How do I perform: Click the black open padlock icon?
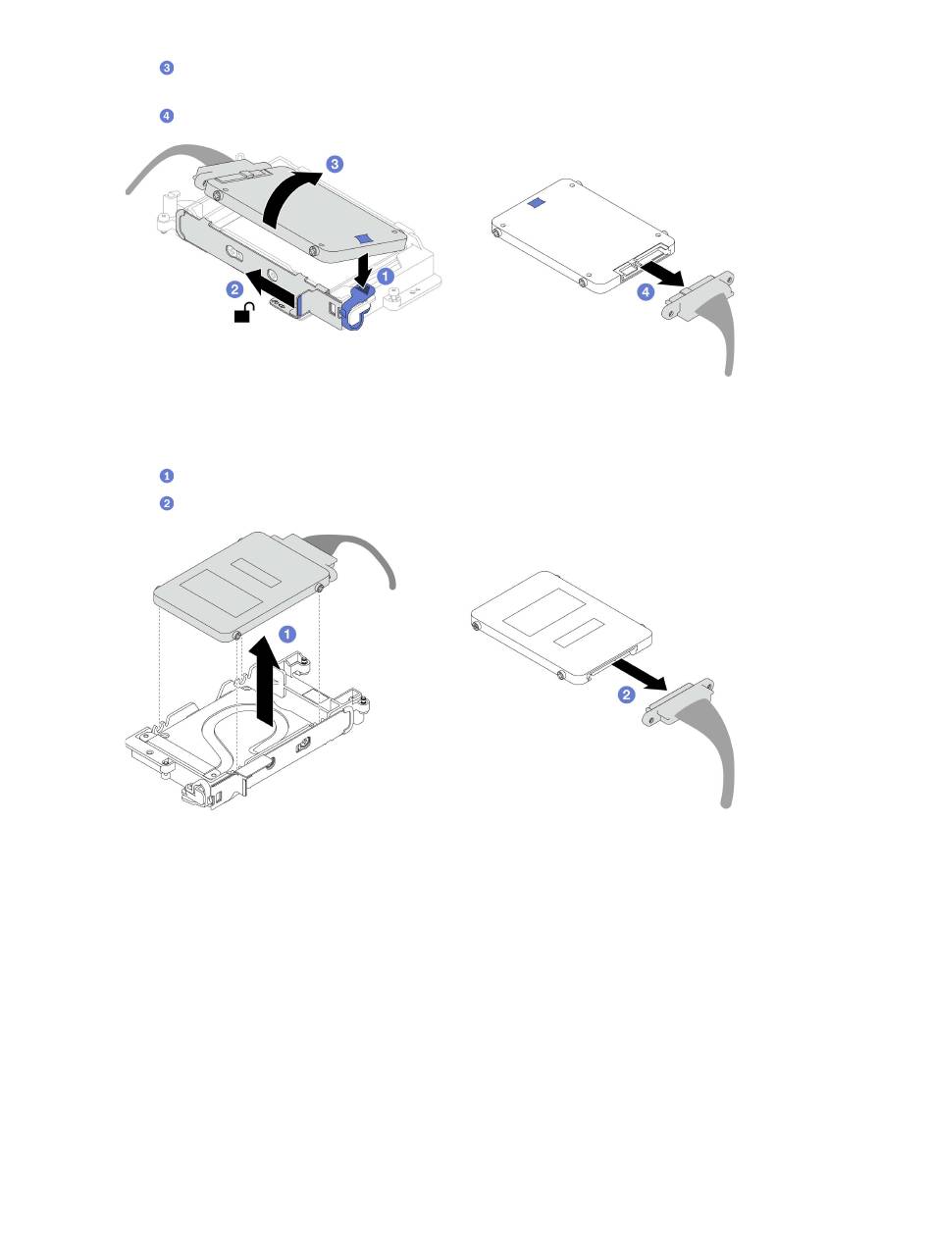coord(244,313)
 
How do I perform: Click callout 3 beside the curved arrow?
coord(335,164)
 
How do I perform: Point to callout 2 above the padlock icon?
coord(234,289)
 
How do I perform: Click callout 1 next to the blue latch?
coord(386,276)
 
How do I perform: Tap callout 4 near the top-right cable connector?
coord(646,291)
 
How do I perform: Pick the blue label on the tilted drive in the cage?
coord(364,238)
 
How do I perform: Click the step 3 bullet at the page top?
coord(167,68)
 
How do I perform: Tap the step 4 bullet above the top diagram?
coord(167,116)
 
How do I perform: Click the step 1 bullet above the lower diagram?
coord(167,476)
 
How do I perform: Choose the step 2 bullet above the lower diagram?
coord(167,503)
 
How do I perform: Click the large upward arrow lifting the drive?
coord(267,684)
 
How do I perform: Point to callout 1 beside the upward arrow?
coord(287,634)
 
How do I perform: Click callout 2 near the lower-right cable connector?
coord(626,695)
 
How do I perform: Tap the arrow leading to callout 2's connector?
coord(640,675)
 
